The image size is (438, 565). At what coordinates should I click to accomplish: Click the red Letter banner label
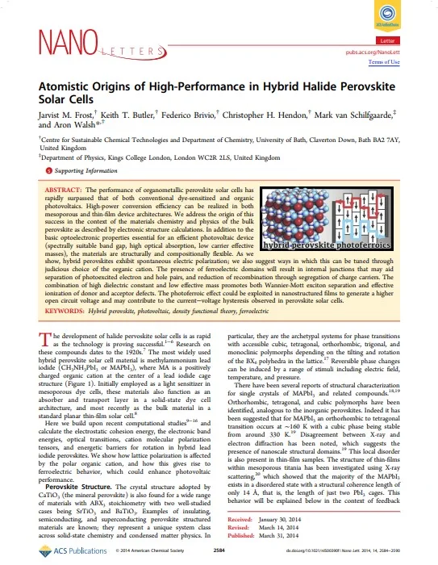point(388,39)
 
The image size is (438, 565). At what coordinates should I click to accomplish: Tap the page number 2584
point(218,550)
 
